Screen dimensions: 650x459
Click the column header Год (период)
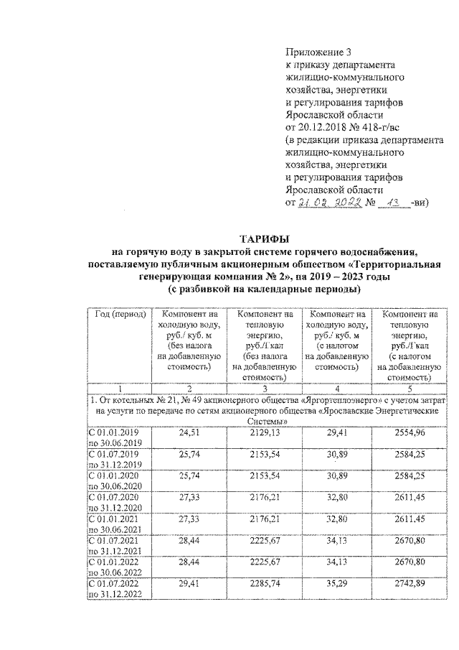point(117,315)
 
